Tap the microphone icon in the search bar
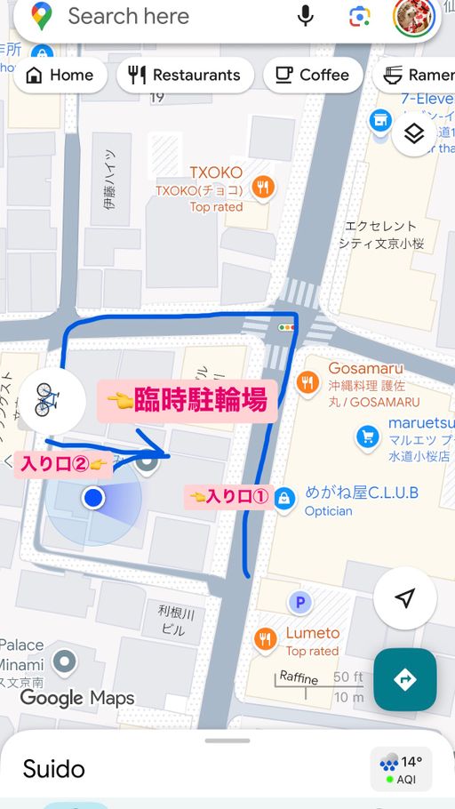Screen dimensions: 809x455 [x=306, y=16]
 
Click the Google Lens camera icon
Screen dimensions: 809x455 [x=360, y=16]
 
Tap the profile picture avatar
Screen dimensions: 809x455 [x=413, y=17]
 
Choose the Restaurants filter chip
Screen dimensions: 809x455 [x=185, y=76]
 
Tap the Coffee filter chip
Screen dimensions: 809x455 [x=313, y=76]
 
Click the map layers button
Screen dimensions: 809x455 [x=413, y=134]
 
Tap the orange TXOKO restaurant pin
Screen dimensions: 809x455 [x=263, y=187]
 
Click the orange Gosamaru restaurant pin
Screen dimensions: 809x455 [x=308, y=383]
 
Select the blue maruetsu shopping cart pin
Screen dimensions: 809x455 [x=368, y=437]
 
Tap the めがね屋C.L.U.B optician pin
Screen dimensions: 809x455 [x=284, y=499]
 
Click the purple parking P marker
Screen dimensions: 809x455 [x=300, y=603]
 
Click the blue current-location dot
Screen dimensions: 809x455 [x=93, y=498]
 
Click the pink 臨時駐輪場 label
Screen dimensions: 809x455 [x=187, y=400]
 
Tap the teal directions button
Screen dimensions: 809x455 [x=404, y=679]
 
